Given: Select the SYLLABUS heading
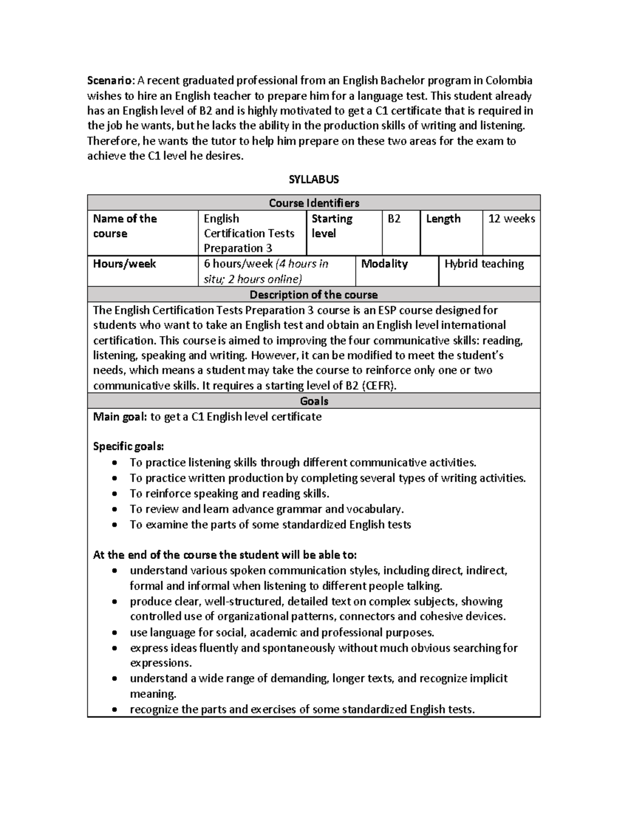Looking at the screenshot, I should pyautogui.click(x=313, y=180).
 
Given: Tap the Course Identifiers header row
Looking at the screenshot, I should pyautogui.click(x=313, y=203).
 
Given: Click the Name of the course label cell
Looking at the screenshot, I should pyautogui.click(x=125, y=226).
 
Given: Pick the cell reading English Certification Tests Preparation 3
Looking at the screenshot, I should pyautogui.click(x=249, y=233).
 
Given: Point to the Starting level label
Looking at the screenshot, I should pyautogui.click(x=332, y=226).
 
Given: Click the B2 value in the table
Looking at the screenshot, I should pyautogui.click(x=394, y=219).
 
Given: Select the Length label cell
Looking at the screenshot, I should pyautogui.click(x=443, y=219).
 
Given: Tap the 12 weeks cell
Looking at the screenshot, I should pyautogui.click(x=511, y=219).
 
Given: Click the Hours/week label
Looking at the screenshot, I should pyautogui.click(x=125, y=264).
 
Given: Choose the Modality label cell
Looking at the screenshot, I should pyautogui.click(x=384, y=264).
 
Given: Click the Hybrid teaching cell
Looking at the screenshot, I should pyautogui.click(x=484, y=264).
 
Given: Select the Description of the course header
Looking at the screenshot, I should pyautogui.click(x=313, y=294).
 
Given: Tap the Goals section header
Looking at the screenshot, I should pyautogui.click(x=313, y=401).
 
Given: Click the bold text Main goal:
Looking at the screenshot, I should pyautogui.click(x=120, y=417).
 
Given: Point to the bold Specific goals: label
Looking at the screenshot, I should pyautogui.click(x=128, y=447).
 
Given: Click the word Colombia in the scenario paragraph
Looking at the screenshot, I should pyautogui.click(x=509, y=81).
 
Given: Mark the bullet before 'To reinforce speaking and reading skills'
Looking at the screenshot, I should pyautogui.click(x=115, y=494).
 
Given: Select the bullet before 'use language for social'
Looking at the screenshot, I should pyautogui.click(x=115, y=632).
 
